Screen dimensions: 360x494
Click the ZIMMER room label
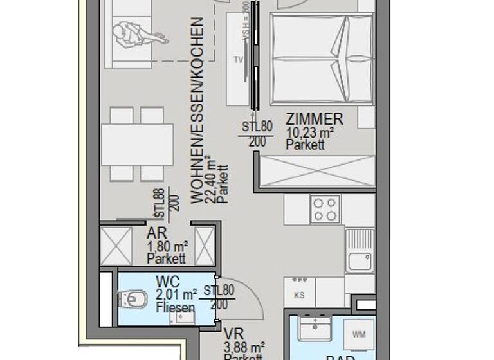(x=315, y=119)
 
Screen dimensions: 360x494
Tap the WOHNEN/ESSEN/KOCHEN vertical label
(x=198, y=110)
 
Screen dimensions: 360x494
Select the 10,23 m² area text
(x=310, y=133)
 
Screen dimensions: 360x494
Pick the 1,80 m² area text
(x=167, y=247)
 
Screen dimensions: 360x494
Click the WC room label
(x=167, y=282)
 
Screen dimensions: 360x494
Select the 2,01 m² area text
(x=176, y=295)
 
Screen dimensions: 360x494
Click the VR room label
(x=233, y=334)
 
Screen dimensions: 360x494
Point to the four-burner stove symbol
(x=325, y=209)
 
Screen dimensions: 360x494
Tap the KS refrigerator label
(x=299, y=295)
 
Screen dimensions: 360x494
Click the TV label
(x=238, y=60)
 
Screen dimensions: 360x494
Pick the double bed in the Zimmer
(x=321, y=59)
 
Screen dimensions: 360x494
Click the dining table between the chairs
(x=137, y=144)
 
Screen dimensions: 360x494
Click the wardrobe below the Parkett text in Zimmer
(x=316, y=170)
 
